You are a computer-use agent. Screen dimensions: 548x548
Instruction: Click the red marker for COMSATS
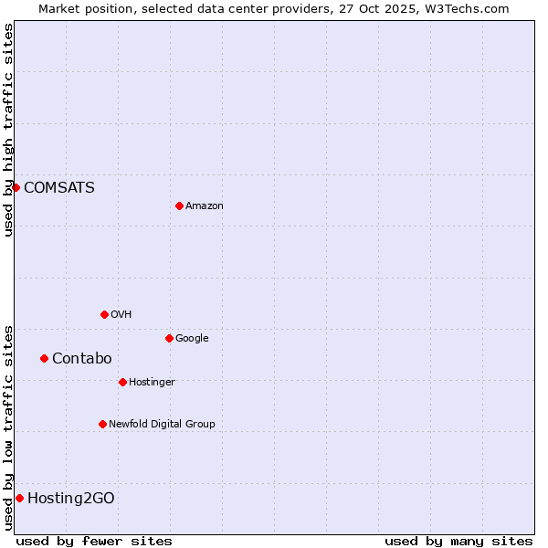click(16, 187)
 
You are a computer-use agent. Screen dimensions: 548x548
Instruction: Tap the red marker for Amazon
click(179, 205)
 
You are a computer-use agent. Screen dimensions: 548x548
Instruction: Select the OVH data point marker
click(104, 314)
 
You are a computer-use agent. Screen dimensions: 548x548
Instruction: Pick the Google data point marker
click(169, 338)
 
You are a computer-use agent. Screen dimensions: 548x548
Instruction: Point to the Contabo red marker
click(44, 358)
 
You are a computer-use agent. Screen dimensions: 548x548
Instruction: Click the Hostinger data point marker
click(122, 382)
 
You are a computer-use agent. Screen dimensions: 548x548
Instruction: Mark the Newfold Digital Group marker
click(102, 424)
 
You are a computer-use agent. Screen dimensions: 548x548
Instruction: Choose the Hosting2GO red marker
click(19, 498)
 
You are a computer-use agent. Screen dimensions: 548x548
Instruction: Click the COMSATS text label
click(58, 187)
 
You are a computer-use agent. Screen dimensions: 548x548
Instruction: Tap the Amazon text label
click(205, 205)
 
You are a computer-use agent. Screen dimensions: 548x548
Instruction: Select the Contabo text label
click(81, 358)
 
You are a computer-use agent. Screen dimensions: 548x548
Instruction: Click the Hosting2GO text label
click(71, 498)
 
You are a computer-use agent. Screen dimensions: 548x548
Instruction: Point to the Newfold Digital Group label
click(162, 424)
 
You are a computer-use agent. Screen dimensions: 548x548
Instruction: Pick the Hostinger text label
click(152, 382)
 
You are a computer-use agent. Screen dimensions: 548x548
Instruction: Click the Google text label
click(192, 338)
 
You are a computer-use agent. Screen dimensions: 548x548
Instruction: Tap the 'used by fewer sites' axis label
click(94, 541)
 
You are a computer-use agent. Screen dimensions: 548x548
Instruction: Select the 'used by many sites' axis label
click(458, 541)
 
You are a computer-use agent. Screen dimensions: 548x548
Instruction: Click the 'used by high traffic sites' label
click(8, 130)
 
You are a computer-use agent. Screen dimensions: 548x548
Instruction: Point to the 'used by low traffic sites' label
click(8, 427)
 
